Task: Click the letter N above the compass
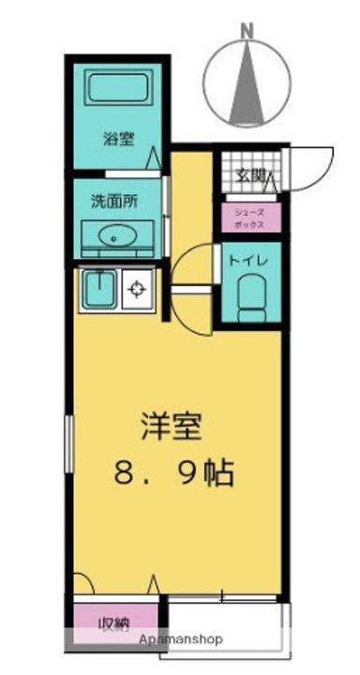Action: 247,32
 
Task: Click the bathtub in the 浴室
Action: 117,87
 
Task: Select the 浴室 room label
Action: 118,139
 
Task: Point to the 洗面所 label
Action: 114,201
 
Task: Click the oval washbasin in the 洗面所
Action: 117,236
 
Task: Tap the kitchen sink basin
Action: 99,289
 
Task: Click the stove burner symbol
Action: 137,289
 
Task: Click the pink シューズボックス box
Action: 251,217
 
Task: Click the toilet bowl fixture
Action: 252,297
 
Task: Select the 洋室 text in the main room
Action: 172,427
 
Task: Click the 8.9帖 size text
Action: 174,472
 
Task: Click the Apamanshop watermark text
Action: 181,639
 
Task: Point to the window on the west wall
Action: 68,443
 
